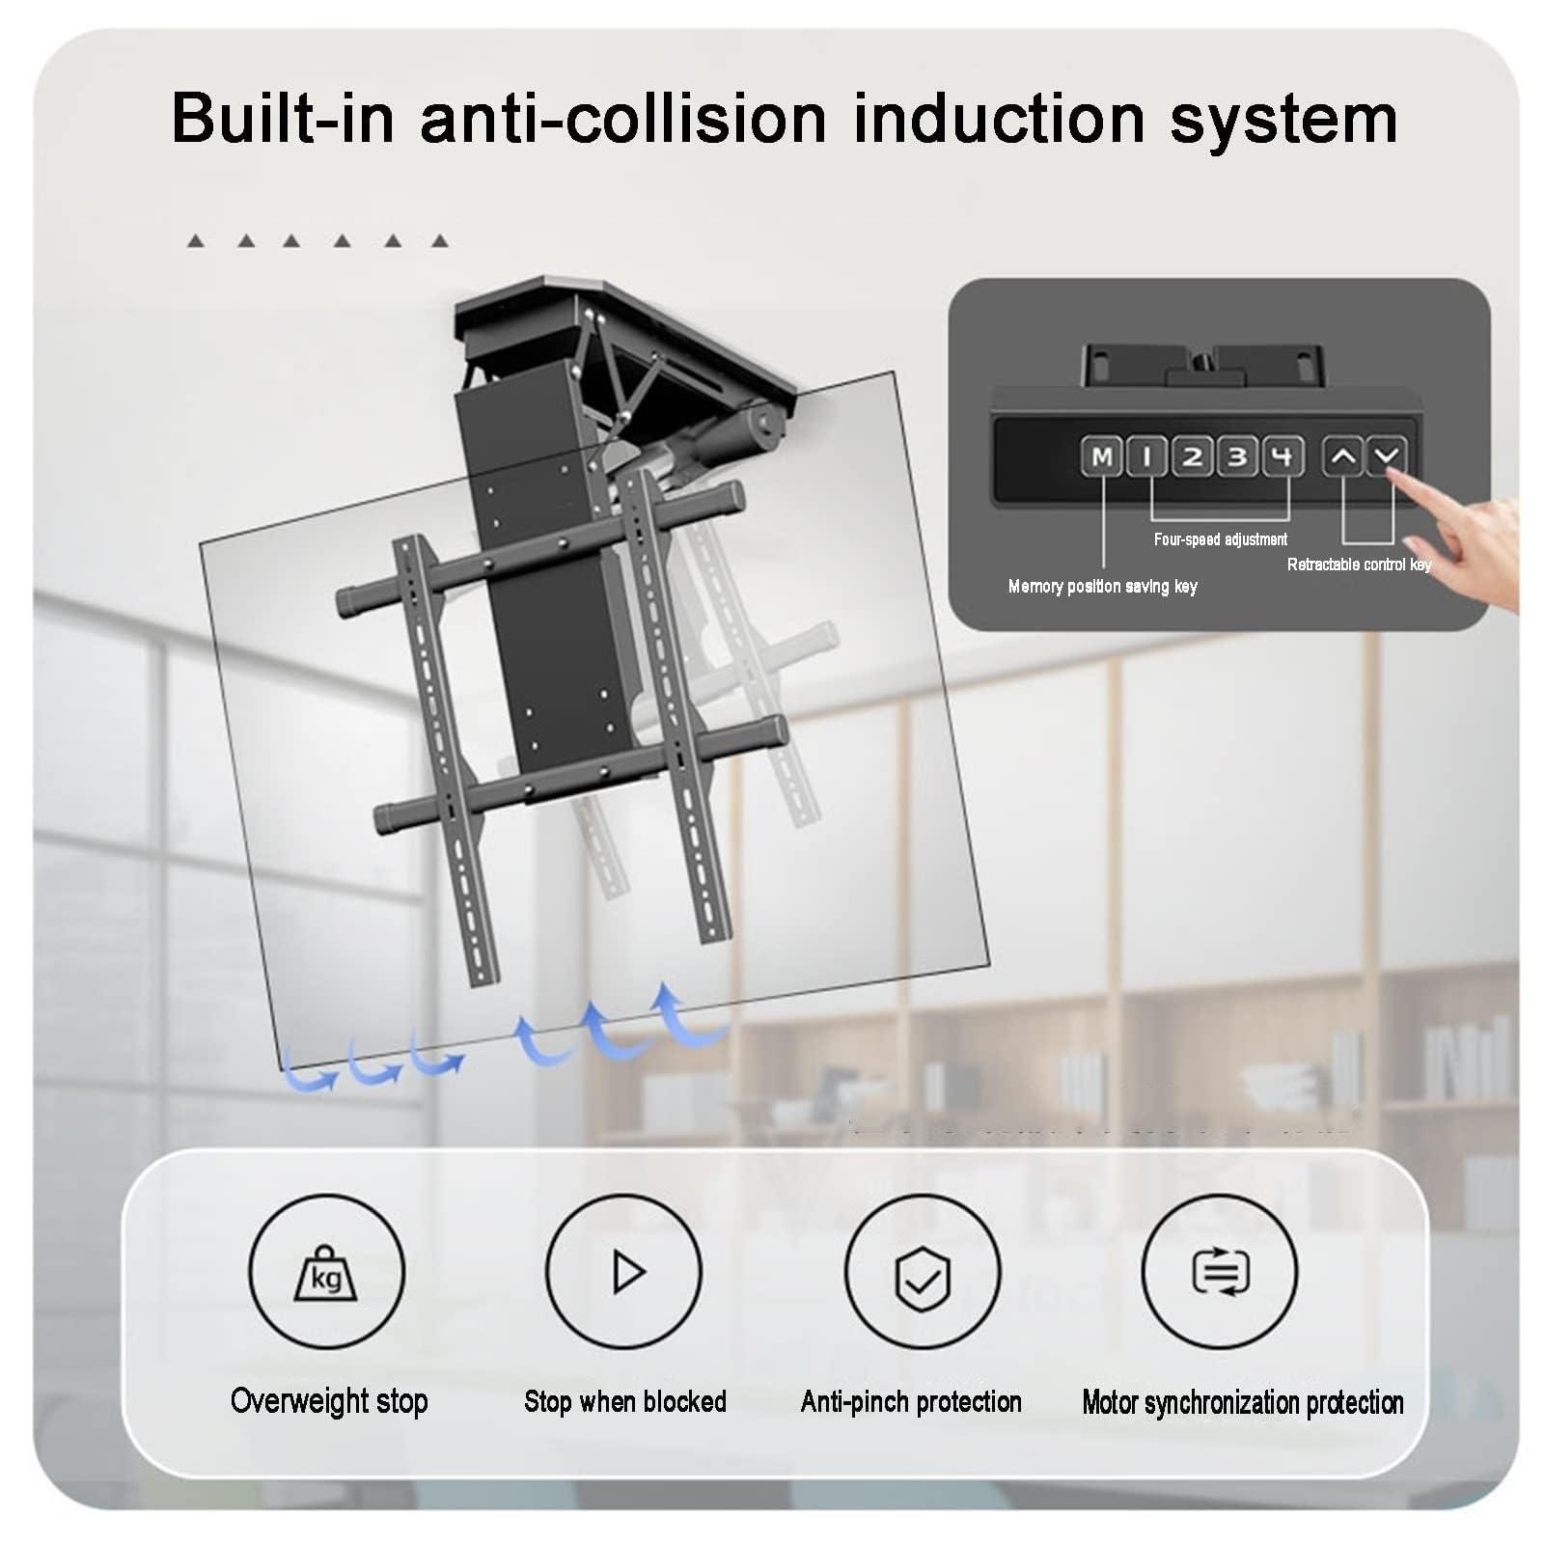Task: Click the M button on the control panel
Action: pyautogui.click(x=1101, y=456)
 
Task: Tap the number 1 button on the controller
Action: pyautogui.click(x=1146, y=456)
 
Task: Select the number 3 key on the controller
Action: pyautogui.click(x=1237, y=456)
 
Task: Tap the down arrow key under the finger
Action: pyautogui.click(x=1387, y=455)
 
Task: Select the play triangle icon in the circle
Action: pyautogui.click(x=624, y=1271)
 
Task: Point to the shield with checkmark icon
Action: pyautogui.click(x=923, y=1277)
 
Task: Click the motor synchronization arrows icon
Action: pyautogui.click(x=1220, y=1271)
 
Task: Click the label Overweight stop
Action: pyautogui.click(x=329, y=1400)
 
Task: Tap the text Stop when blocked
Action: pyautogui.click(x=624, y=1401)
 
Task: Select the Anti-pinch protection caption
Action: pyautogui.click(x=911, y=1401)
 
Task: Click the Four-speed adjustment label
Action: pyautogui.click(x=1220, y=539)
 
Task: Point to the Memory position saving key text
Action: pyautogui.click(x=1102, y=587)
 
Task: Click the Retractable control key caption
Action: pyautogui.click(x=1359, y=565)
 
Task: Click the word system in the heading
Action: pyautogui.click(x=1283, y=119)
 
